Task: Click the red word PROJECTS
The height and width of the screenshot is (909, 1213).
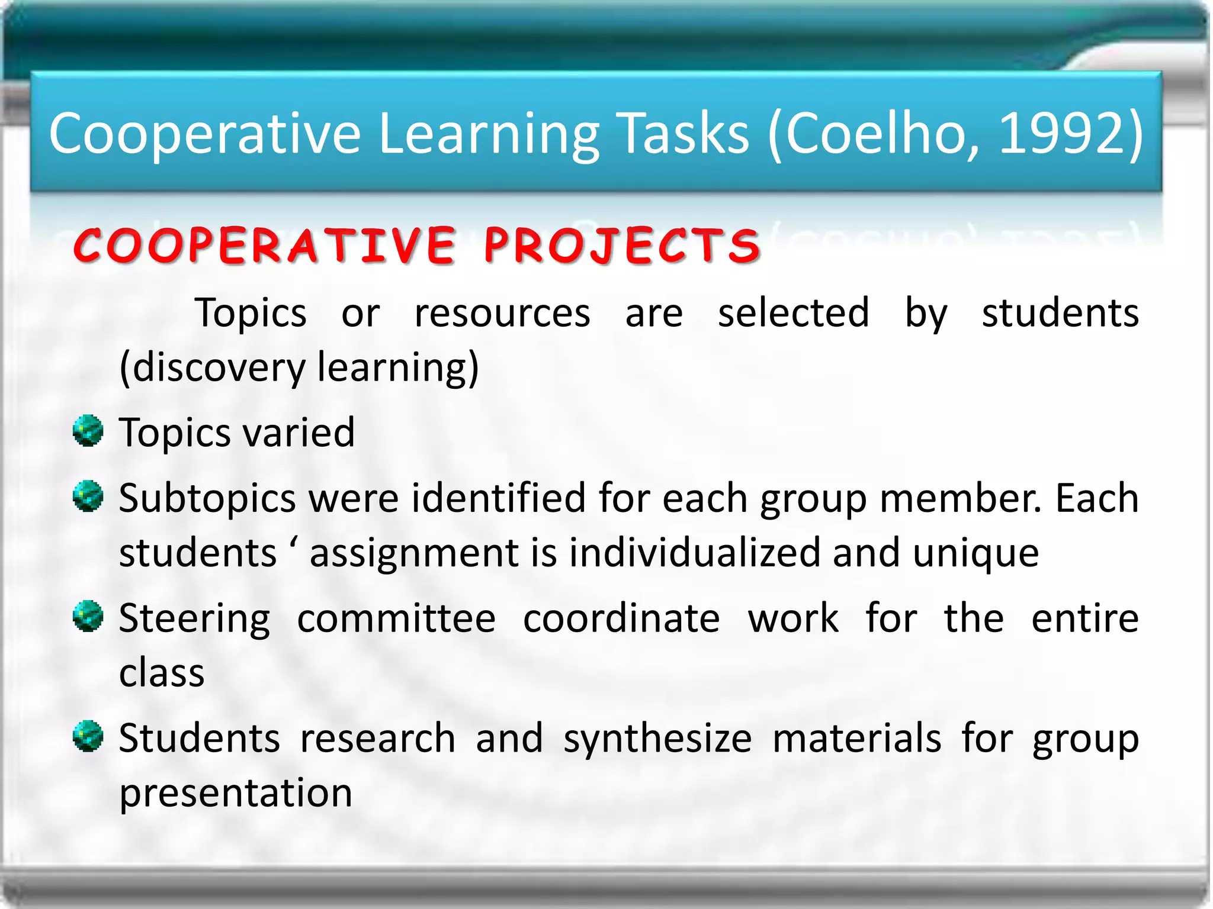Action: coord(622,245)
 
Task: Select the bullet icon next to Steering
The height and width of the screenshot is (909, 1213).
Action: coord(88,617)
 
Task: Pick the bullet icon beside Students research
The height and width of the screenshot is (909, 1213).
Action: coord(88,736)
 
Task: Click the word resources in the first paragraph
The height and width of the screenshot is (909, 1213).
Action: coord(502,313)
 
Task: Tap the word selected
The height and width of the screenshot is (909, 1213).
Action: coord(794,313)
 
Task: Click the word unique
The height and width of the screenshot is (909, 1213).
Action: coord(975,554)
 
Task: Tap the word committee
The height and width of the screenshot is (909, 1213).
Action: coord(396,619)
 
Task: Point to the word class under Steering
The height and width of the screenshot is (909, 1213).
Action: coord(162,673)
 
